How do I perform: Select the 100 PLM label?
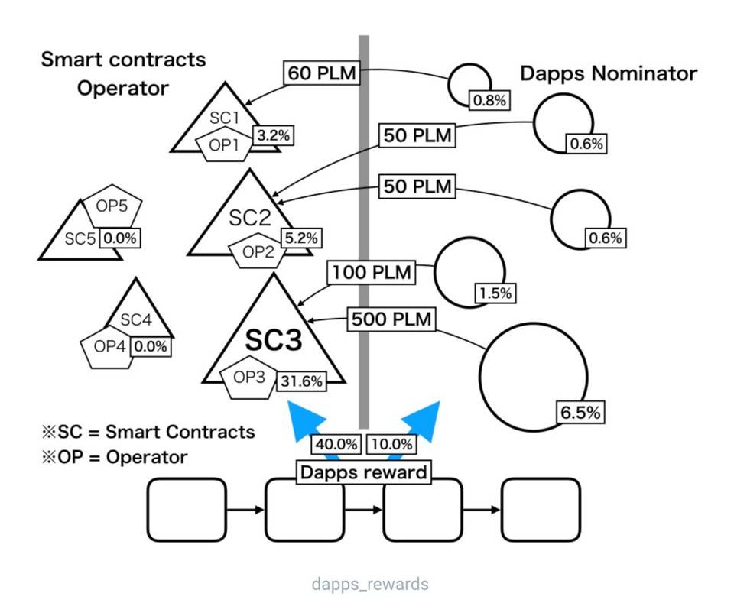(371, 271)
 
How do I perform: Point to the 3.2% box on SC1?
(273, 135)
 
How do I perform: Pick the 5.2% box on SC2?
(300, 238)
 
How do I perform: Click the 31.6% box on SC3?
(301, 380)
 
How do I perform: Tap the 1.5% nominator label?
(496, 293)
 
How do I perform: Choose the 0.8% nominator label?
(489, 100)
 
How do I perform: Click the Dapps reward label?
(363, 472)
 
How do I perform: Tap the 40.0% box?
(336, 444)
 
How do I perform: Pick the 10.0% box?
(391, 444)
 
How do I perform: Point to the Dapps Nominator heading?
(609, 73)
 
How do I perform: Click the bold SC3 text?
(273, 340)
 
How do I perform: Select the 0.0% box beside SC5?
(120, 238)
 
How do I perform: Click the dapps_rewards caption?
(370, 585)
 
